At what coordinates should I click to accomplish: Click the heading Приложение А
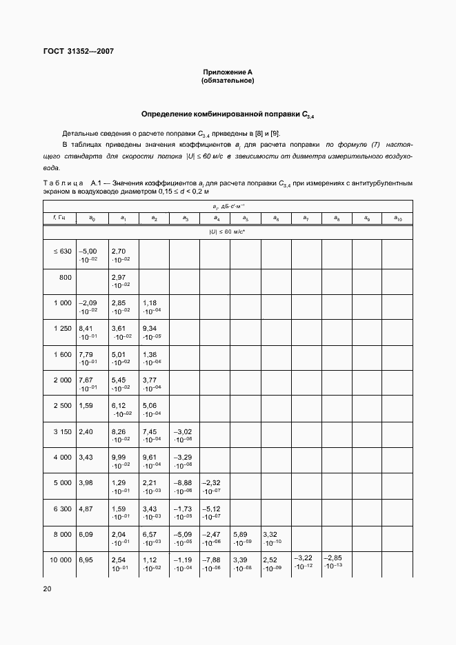(228, 72)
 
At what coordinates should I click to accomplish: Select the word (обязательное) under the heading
(228, 81)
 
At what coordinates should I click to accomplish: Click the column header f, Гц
(59, 218)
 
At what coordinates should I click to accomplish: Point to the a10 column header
(397, 218)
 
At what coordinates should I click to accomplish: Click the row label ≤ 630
(62, 252)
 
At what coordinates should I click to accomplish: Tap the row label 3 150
(62, 431)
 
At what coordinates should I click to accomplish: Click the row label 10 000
(61, 560)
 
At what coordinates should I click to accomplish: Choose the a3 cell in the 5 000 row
(184, 486)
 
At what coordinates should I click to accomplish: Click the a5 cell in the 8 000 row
(245, 537)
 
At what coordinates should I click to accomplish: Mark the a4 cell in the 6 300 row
(215, 512)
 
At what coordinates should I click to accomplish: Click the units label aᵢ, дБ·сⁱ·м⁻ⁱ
(228, 205)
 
